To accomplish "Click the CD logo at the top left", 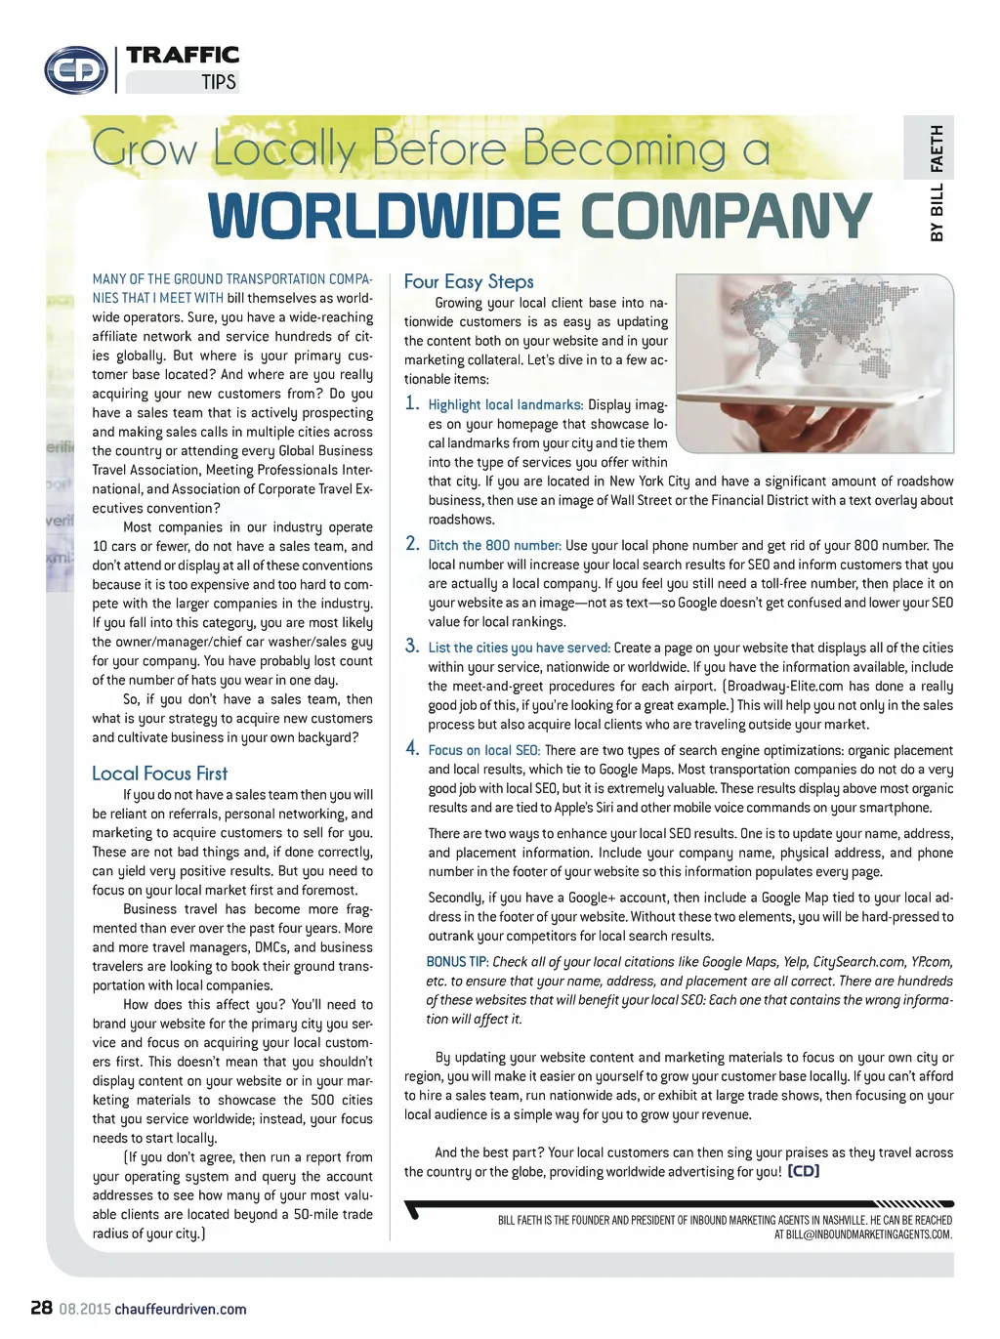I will coord(76,69).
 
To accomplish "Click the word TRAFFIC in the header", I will coord(183,55).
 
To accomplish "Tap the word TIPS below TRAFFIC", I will coord(219,82).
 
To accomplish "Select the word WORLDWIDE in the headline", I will coord(385,216).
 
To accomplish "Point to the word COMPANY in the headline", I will coord(727,216).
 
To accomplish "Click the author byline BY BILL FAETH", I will coord(937,183).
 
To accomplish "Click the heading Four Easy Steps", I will coord(469,281).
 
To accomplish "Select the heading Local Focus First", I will coord(159,774).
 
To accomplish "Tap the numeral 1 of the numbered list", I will coord(412,402).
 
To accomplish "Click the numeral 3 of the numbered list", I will coord(412,646).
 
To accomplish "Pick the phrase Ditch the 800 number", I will coord(494,545).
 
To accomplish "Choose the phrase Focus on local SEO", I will coord(483,750).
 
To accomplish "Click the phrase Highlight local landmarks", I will coord(505,404).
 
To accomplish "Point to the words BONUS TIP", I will coord(457,962).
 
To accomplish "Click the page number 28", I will coord(41,1308).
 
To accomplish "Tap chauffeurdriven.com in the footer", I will coord(181,1309).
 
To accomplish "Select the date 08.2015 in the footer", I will coord(85,1309).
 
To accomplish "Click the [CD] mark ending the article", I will coord(803,1171).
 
